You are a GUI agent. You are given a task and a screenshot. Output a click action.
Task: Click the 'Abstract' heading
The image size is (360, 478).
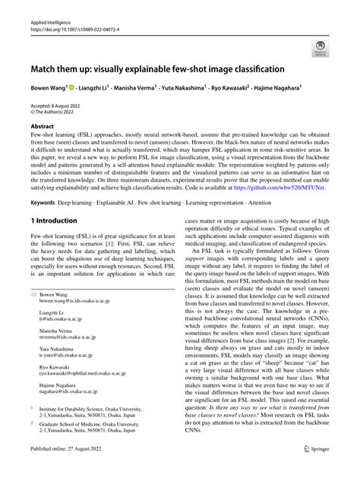43,127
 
